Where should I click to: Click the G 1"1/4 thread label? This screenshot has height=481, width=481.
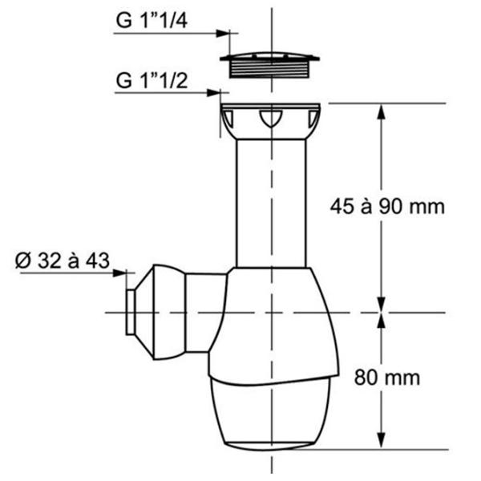click(x=152, y=21)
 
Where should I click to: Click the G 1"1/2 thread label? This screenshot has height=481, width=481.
click(x=152, y=80)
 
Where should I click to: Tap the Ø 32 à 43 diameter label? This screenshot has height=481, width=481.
click(x=63, y=261)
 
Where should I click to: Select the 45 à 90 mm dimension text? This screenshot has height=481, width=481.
click(x=387, y=206)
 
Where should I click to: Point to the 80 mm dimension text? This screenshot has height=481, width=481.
click(x=387, y=378)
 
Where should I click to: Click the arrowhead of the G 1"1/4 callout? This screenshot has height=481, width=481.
click(x=223, y=33)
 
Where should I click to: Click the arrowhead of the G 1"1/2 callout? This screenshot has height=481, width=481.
click(x=214, y=92)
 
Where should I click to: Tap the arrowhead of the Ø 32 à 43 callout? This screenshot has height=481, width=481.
click(x=119, y=273)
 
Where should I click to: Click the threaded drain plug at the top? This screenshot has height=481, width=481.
click(x=270, y=65)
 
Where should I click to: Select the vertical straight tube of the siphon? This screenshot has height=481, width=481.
click(x=271, y=204)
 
